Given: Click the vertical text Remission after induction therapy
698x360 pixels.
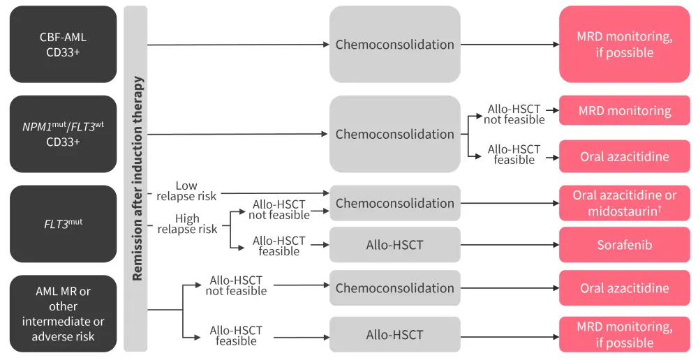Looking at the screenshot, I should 137,179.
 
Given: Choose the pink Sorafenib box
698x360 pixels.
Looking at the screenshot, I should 624,245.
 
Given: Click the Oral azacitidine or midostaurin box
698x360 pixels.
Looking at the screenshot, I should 624,203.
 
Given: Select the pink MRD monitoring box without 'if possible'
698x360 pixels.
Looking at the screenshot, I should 624,111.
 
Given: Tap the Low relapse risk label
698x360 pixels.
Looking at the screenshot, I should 186,191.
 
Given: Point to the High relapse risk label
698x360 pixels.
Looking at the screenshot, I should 187,224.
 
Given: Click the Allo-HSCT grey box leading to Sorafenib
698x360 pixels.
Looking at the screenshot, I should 394,245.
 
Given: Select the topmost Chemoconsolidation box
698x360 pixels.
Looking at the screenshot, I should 394,44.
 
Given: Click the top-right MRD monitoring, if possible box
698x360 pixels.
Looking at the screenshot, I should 624,44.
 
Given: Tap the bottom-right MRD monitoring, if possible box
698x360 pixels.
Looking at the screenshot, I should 624,334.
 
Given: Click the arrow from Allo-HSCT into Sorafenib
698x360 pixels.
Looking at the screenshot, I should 510,245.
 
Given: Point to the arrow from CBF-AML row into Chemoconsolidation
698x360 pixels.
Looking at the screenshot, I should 237,45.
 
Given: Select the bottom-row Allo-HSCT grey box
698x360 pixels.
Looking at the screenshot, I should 394,334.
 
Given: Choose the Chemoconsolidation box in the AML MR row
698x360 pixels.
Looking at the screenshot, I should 394,287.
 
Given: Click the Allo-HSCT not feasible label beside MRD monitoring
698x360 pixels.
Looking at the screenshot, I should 515,114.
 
